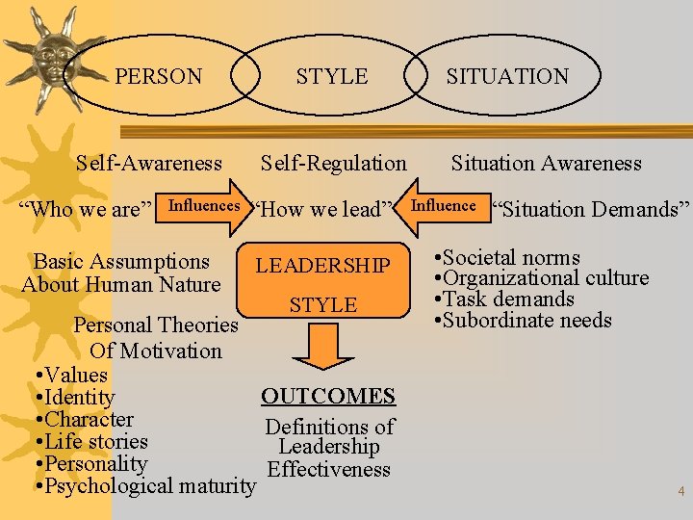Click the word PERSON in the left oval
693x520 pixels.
[x=159, y=76]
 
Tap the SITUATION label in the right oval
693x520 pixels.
[x=507, y=76]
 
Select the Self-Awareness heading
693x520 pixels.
[x=149, y=164]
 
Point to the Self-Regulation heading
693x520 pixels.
[x=334, y=164]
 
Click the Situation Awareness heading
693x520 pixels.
[x=546, y=164]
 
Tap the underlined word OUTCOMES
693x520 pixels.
[x=328, y=396]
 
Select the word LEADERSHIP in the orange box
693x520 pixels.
[x=323, y=266]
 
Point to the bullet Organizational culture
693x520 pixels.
[x=545, y=278]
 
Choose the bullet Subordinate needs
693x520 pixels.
[x=526, y=321]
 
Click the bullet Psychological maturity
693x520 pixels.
[x=148, y=486]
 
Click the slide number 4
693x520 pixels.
[x=680, y=491]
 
